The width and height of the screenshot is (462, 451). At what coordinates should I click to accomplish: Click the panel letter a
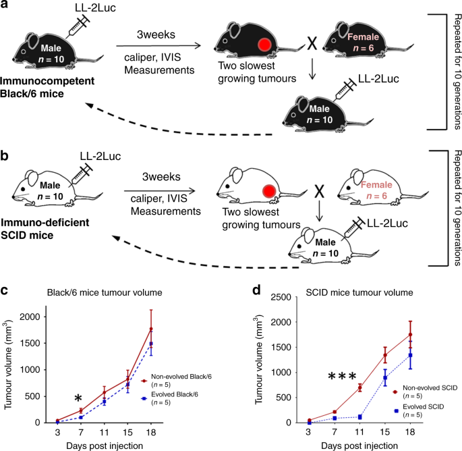pos(6,6)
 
